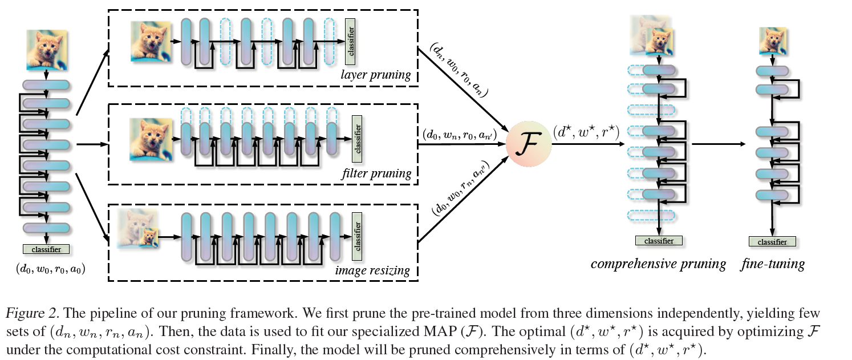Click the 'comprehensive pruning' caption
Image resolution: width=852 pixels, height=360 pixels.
click(658, 264)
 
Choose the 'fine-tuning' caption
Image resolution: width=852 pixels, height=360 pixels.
click(773, 264)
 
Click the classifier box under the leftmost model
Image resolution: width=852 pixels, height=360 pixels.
click(46, 249)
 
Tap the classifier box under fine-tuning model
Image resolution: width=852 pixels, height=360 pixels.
click(772, 242)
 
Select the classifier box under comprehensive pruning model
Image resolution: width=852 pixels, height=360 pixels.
click(659, 241)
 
